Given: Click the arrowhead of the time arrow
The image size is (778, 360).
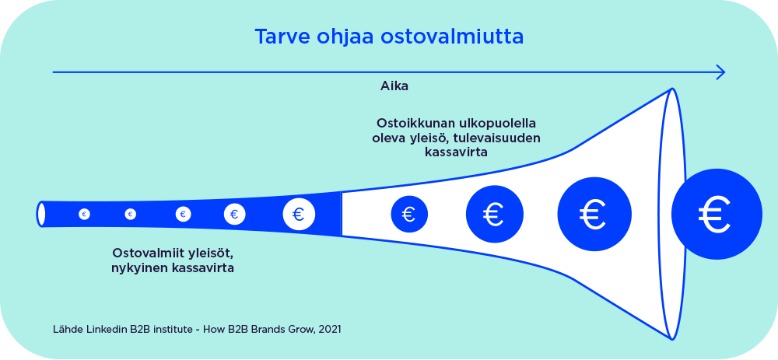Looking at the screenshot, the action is pos(720,72).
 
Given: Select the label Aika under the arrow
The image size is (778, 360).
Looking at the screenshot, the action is pos(394,86).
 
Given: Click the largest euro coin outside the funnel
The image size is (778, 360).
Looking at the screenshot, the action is pos(717,215).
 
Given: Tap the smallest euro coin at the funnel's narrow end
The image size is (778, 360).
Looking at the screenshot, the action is pos(84,215).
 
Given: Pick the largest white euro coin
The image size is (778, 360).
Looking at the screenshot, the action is pos(299,215).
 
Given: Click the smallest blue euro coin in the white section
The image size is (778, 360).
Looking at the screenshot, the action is pos(409,215).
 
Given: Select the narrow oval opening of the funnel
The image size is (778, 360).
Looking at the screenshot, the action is pos(40,215).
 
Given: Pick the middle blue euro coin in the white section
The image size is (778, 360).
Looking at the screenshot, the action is pos(494,215).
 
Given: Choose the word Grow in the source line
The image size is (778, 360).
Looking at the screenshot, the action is pos(302,329).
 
